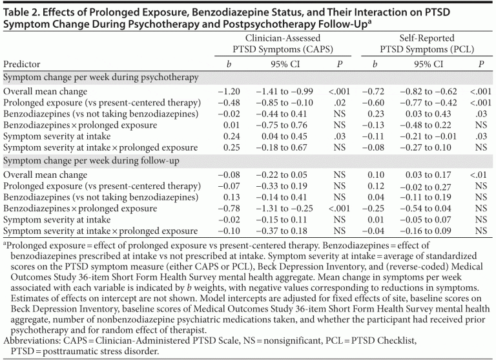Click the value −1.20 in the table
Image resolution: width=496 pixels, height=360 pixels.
(225, 92)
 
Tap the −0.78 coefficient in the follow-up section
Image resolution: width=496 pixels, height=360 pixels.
(225, 209)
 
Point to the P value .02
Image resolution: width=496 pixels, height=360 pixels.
(339, 103)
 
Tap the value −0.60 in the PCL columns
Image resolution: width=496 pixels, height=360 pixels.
(374, 103)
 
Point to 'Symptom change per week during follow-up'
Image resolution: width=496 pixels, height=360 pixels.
(90, 160)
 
